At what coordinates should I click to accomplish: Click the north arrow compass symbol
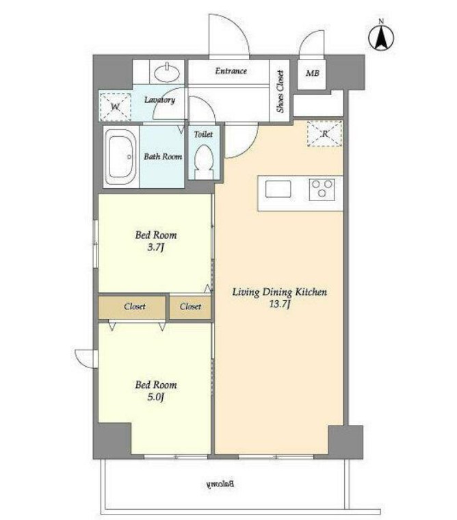click(x=381, y=36)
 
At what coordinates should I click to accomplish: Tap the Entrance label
click(x=231, y=70)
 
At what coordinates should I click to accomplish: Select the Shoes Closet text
click(x=280, y=91)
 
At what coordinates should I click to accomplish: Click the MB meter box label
click(x=313, y=73)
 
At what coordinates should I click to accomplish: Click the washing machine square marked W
click(x=116, y=107)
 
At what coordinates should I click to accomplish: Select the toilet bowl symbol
click(x=204, y=162)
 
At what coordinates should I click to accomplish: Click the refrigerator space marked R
click(x=324, y=133)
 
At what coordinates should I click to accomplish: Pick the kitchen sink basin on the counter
click(x=278, y=190)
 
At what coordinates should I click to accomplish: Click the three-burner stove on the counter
click(x=322, y=190)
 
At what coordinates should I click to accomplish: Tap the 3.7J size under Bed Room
click(x=155, y=247)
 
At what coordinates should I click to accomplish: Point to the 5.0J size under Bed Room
click(x=155, y=397)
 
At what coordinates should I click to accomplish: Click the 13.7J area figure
click(x=280, y=304)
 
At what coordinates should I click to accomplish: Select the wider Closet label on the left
click(x=135, y=307)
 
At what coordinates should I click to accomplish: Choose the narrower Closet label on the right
click(x=190, y=307)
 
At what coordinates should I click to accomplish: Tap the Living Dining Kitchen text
click(x=280, y=292)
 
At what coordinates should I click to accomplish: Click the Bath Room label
click(x=163, y=157)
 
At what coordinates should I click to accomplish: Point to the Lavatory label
click(x=159, y=100)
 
